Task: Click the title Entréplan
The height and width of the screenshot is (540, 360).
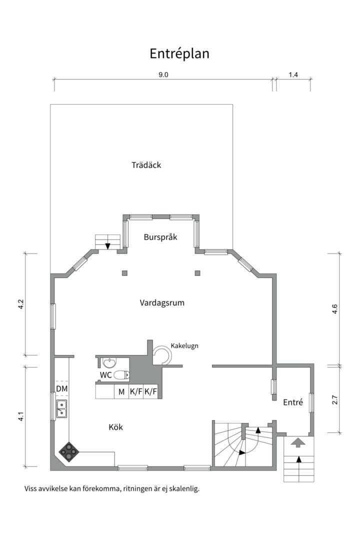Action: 179,53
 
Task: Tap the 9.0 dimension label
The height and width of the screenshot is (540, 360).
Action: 163,75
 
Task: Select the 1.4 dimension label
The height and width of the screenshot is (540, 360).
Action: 293,75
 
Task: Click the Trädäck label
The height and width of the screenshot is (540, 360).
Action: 146,165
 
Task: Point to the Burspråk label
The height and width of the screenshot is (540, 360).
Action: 160,237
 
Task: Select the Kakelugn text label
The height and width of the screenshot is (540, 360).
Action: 185,345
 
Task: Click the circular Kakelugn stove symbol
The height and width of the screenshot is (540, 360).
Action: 162,354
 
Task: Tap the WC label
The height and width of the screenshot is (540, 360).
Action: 105,375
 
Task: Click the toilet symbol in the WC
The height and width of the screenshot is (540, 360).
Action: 121,375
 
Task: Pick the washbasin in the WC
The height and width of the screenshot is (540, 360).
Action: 109,363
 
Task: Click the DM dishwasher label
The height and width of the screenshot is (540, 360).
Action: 61,388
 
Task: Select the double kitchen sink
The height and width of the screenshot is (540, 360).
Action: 62,408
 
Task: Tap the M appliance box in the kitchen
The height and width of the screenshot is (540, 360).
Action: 121,392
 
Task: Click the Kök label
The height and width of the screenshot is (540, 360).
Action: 115,427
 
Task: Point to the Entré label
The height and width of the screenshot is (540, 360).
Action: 293,402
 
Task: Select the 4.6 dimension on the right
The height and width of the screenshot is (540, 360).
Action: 335,309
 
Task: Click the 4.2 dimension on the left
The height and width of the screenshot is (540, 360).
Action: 21,304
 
